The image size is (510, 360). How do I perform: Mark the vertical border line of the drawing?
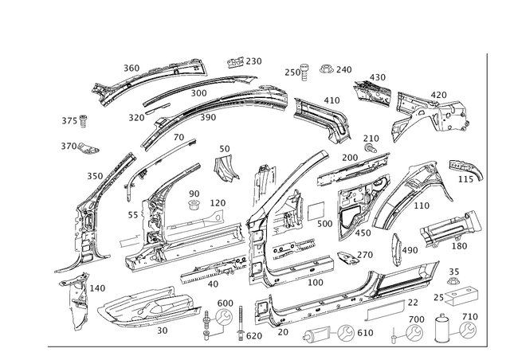[488, 199]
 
